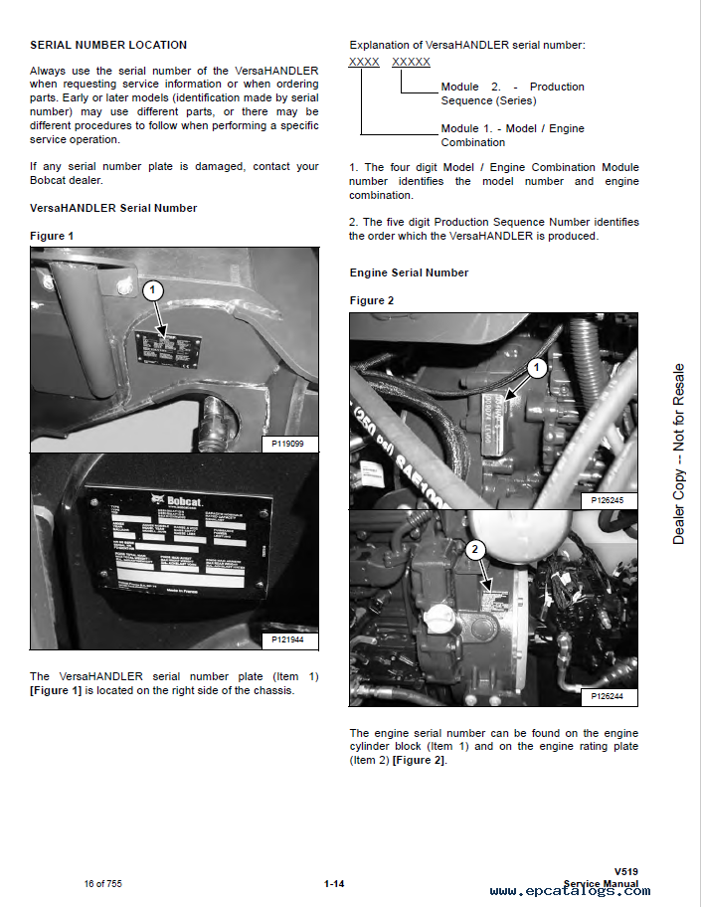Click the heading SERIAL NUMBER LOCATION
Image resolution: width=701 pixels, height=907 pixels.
point(108,45)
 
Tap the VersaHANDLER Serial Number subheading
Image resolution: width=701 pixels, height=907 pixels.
point(113,208)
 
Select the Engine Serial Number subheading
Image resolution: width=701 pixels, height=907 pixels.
point(409,272)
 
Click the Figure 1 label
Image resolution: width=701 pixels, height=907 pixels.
point(52,236)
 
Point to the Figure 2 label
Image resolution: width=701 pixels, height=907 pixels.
point(372,300)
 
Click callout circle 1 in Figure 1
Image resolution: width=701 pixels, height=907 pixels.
point(151,291)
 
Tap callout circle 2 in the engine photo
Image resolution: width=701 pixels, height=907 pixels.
point(475,548)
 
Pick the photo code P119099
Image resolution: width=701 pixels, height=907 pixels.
point(288,444)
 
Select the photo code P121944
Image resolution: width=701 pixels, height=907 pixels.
point(288,639)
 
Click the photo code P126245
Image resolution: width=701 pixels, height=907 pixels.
point(608,499)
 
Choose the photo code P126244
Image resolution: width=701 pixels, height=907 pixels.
point(608,696)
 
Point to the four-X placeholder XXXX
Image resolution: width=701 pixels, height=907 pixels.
point(364,62)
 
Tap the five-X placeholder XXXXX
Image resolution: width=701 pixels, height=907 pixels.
point(411,62)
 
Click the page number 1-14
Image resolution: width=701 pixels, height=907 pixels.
point(334,883)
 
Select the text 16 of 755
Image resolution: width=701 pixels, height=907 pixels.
point(103,883)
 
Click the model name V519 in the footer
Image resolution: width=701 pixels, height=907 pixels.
point(626,871)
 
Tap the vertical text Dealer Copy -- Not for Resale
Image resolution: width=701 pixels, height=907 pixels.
point(679,453)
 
